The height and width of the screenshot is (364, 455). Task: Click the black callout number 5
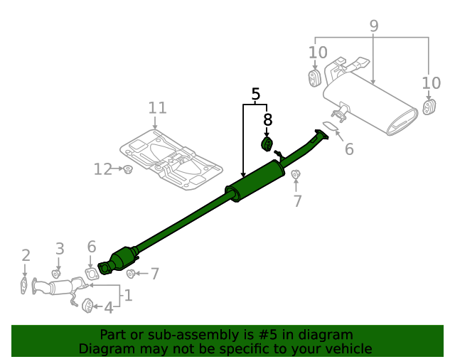(255, 93)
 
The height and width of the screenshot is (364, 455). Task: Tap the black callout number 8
(267, 119)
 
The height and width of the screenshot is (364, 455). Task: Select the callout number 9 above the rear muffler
(373, 26)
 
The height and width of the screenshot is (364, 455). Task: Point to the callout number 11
(157, 108)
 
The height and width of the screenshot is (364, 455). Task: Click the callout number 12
(103, 168)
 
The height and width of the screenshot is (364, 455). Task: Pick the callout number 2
(26, 255)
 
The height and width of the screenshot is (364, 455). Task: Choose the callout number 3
(60, 249)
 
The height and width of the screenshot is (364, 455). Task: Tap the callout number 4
(108, 309)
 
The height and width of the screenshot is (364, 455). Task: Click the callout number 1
(128, 294)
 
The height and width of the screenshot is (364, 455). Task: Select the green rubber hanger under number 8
(267, 145)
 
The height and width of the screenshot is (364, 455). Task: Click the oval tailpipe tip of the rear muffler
(403, 122)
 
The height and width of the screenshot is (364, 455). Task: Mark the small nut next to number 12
(128, 169)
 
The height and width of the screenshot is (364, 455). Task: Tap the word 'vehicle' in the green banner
(347, 349)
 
